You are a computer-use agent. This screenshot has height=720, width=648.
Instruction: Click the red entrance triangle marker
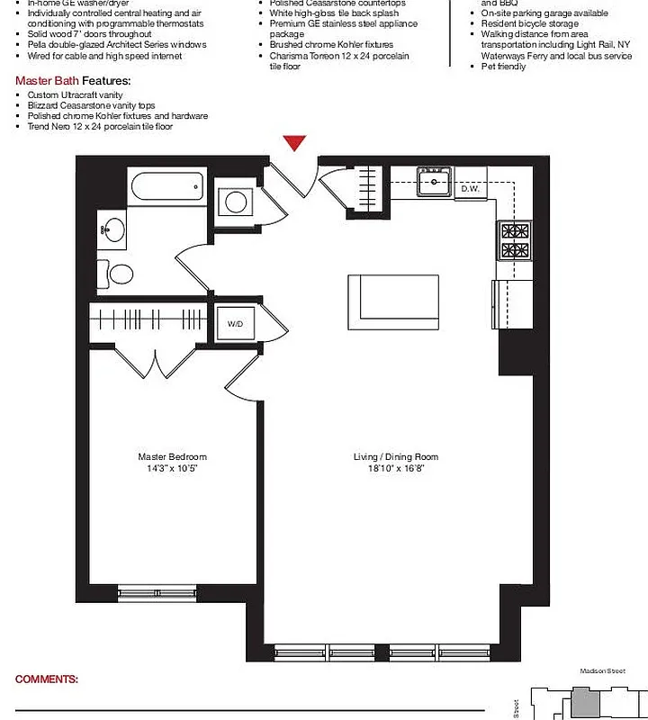295,143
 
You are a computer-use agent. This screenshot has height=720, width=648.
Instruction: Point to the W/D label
235,323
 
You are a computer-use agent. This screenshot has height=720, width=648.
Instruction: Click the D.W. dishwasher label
470,189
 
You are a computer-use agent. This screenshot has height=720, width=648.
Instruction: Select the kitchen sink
435,183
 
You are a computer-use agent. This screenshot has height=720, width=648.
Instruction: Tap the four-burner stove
516,240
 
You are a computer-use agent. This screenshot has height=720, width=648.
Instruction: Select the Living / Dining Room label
395,457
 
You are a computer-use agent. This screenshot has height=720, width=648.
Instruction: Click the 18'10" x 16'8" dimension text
395,469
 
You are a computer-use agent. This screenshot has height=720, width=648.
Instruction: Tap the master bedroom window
157,592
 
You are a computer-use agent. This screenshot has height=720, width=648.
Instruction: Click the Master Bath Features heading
73,81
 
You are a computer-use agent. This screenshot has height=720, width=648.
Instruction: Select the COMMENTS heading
47,679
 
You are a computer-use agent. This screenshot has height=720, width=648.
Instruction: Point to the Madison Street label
600,671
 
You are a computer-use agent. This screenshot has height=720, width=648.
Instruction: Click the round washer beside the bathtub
236,201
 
